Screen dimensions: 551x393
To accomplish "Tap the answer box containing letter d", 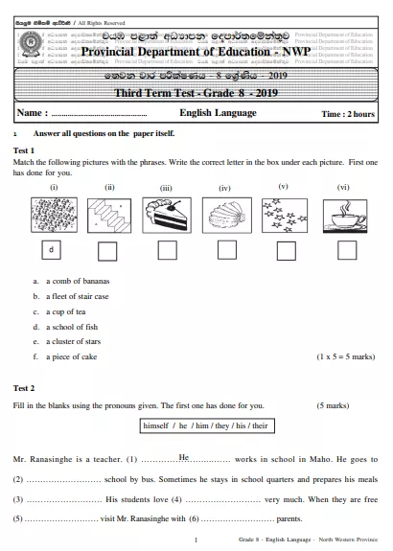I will (52, 250).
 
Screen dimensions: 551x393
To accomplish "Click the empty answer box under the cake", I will (167, 250).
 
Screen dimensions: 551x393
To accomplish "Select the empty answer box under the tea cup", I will (343, 250).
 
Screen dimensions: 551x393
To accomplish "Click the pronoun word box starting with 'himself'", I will (197, 424).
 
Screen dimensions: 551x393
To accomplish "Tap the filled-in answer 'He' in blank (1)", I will (185, 457).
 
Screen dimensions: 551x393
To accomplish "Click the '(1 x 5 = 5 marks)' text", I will (346, 356).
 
